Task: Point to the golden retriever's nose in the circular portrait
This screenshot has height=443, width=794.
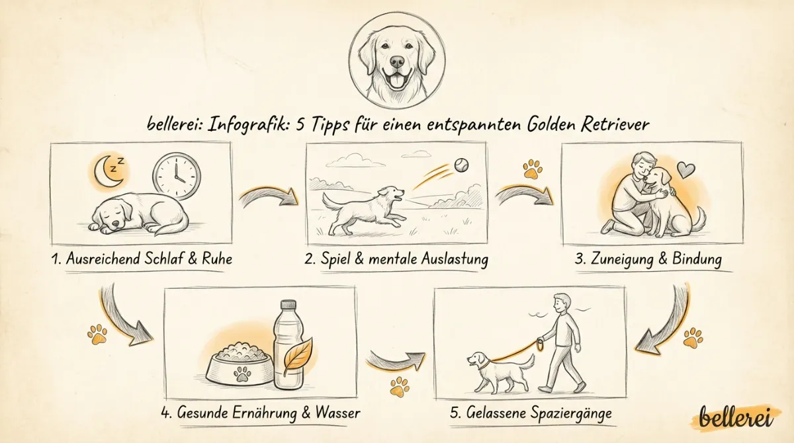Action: tap(397, 63)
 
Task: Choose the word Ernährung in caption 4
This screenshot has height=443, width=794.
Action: tap(272, 414)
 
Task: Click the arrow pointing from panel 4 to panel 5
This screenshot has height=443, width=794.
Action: tap(394, 360)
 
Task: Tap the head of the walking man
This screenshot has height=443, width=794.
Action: tap(561, 304)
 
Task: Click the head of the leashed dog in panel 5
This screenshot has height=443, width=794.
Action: tap(478, 360)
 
